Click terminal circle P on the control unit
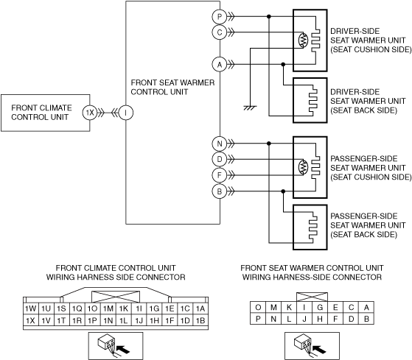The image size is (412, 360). click(220, 17)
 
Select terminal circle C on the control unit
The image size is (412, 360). click(220, 32)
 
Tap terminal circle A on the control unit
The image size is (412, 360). click(220, 64)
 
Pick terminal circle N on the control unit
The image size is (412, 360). click(220, 144)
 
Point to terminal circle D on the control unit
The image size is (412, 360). click(220, 159)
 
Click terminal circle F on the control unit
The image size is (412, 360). click(220, 175)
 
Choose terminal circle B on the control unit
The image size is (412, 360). click(220, 191)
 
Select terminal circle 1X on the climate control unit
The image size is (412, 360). click(90, 113)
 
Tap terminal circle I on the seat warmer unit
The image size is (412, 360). click(126, 113)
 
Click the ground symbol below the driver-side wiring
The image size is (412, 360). click(250, 107)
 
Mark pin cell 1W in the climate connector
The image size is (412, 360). click(31, 308)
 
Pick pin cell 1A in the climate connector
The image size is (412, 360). click(200, 308)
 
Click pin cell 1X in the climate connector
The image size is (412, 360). click(31, 320)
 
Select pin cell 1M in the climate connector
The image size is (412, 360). click(108, 308)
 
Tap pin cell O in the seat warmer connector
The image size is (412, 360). click(258, 307)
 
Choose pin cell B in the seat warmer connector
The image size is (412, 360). click(366, 319)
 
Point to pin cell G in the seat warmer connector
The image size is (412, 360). click(320, 307)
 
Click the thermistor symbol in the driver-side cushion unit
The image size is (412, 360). click(303, 40)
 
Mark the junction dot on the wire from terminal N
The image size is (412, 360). click(269, 144)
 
